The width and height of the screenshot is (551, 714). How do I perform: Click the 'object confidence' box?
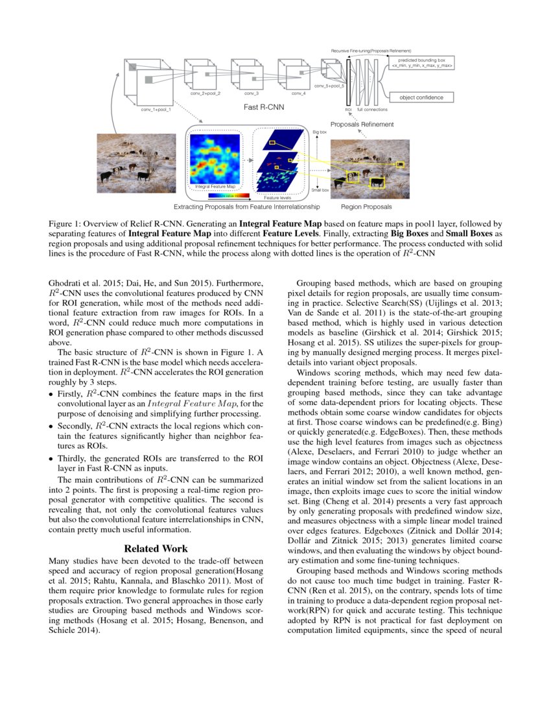421,97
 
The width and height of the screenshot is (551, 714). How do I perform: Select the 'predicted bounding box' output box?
421,63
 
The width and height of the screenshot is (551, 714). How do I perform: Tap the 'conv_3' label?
248,93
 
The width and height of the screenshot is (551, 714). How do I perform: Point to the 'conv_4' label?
298,93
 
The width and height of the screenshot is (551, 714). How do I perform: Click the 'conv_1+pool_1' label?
156,110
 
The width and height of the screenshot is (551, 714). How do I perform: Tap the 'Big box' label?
320,132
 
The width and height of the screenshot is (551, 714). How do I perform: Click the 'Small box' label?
319,190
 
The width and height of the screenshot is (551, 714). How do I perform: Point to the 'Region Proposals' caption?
366,207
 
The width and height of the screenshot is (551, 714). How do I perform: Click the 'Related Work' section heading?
156,548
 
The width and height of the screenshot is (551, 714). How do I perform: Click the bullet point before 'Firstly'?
51,395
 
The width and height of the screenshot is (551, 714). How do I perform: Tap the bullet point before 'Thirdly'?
51,458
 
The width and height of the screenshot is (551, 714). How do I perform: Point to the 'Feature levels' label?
277,197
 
